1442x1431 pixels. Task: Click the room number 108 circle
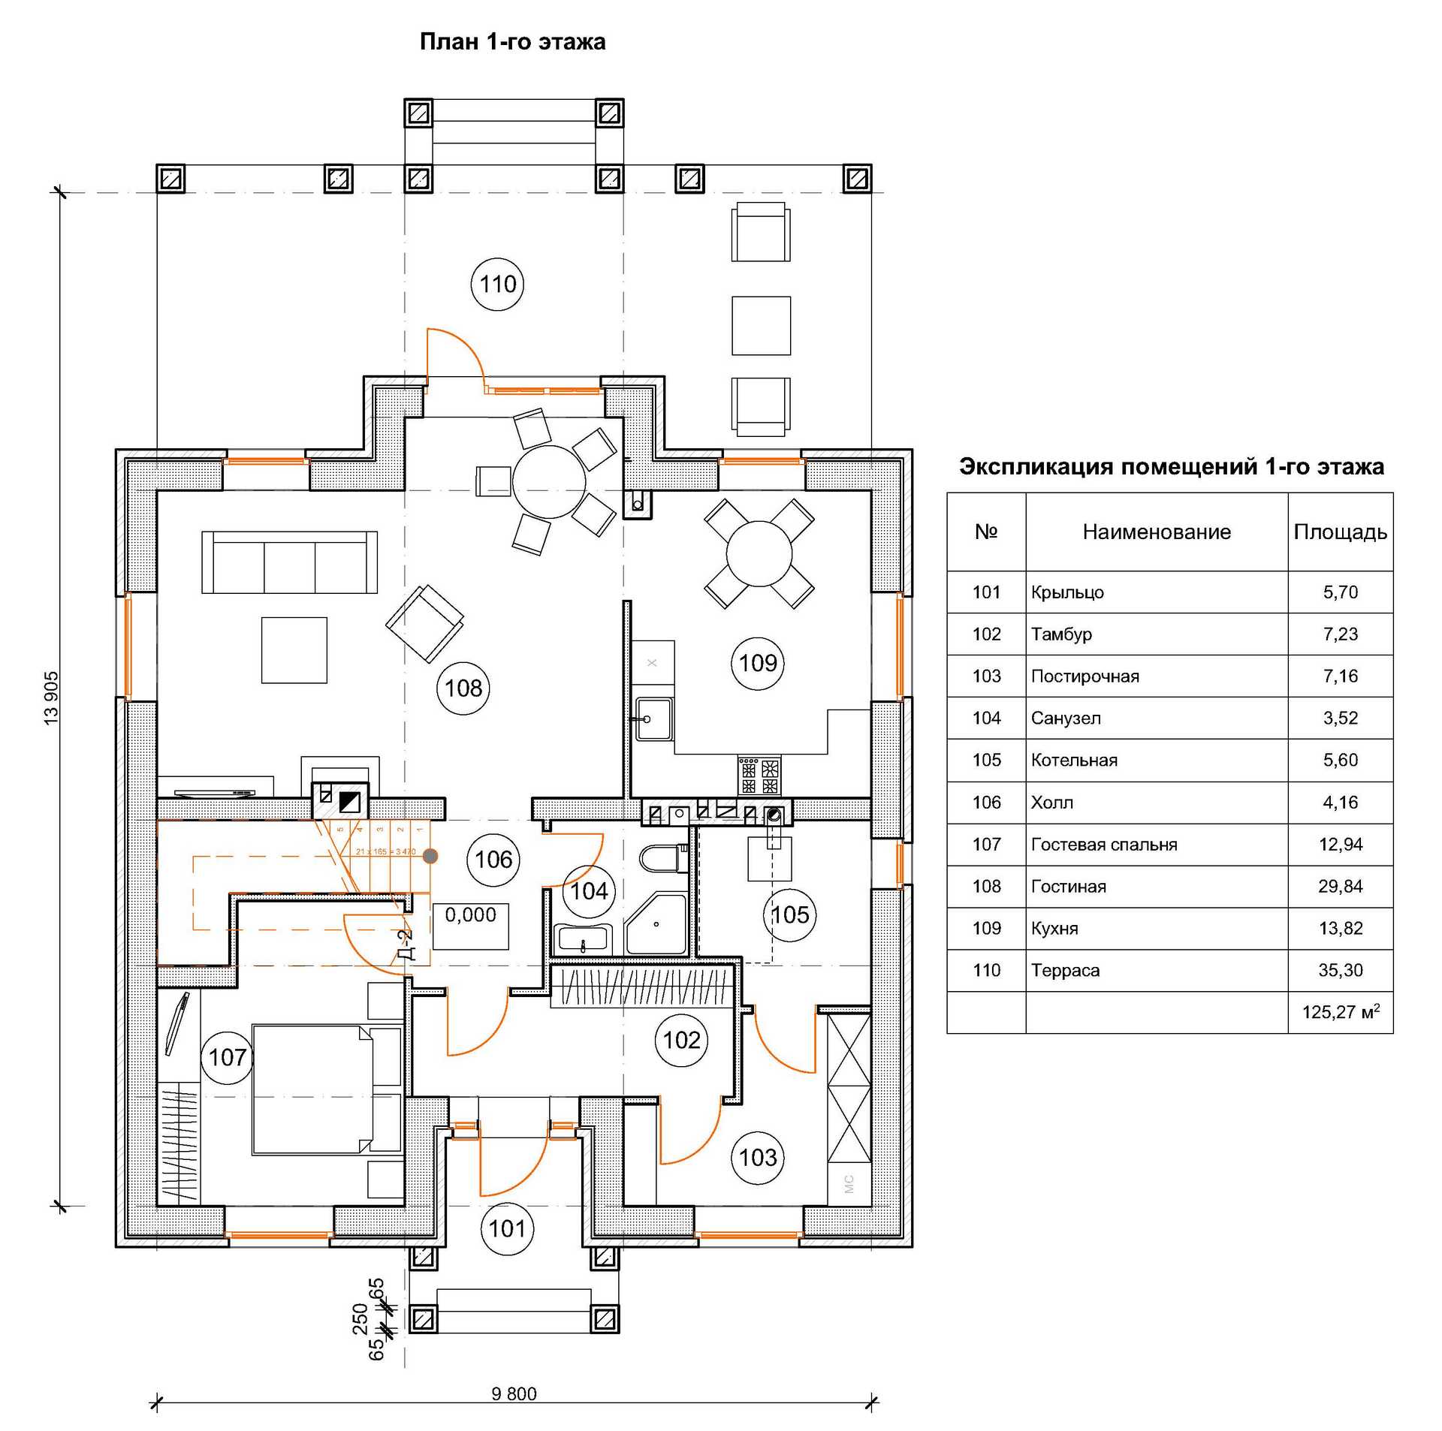pyautogui.click(x=463, y=688)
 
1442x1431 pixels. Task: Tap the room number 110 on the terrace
pyautogui.click(x=497, y=285)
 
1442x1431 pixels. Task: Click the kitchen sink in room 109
pyautogui.click(x=652, y=719)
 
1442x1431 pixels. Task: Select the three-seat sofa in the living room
pyautogui.click(x=289, y=563)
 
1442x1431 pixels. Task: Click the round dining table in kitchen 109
pyautogui.click(x=759, y=554)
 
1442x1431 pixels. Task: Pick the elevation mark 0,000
pyautogui.click(x=470, y=915)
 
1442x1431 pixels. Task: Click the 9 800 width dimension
pyautogui.click(x=514, y=1394)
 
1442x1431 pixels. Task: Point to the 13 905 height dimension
pyautogui.click(x=51, y=698)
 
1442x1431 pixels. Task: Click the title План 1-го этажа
pyautogui.click(x=512, y=42)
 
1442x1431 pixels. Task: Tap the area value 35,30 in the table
pyautogui.click(x=1340, y=970)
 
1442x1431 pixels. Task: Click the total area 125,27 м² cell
pyautogui.click(x=1340, y=1012)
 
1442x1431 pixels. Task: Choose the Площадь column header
pyautogui.click(x=1340, y=532)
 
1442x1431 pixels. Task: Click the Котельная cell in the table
pyautogui.click(x=1074, y=760)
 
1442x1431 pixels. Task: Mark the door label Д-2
pyautogui.click(x=406, y=945)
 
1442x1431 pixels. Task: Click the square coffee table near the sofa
pyautogui.click(x=294, y=650)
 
